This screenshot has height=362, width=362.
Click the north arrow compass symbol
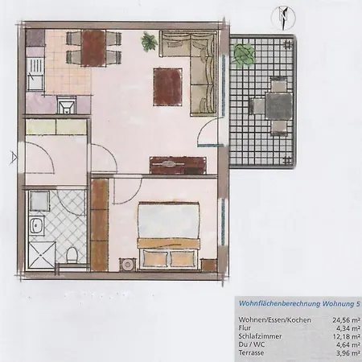click(283, 18)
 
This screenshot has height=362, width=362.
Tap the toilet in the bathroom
click(72, 255)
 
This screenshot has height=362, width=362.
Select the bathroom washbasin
click(36, 226)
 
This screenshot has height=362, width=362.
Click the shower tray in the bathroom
click(41, 255)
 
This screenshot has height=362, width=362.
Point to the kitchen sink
click(66, 105)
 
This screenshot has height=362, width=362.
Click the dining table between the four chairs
click(93, 48)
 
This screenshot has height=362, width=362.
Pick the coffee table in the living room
click(168, 87)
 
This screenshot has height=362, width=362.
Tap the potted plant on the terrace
click(244, 54)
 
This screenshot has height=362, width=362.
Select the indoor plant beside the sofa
click(149, 41)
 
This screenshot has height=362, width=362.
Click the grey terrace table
click(278, 106)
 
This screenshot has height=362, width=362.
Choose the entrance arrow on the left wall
click(14, 158)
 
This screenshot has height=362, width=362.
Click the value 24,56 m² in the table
click(346, 320)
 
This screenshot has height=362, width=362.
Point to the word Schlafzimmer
click(260, 336)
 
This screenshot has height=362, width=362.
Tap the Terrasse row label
click(251, 352)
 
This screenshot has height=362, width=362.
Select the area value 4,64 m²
click(348, 344)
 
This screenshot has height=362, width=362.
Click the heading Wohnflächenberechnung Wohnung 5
click(299, 304)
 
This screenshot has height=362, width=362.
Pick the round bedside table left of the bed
click(127, 265)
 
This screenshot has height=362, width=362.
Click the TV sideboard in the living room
click(178, 165)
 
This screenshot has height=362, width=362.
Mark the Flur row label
click(245, 328)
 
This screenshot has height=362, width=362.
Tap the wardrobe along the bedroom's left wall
click(100, 224)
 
